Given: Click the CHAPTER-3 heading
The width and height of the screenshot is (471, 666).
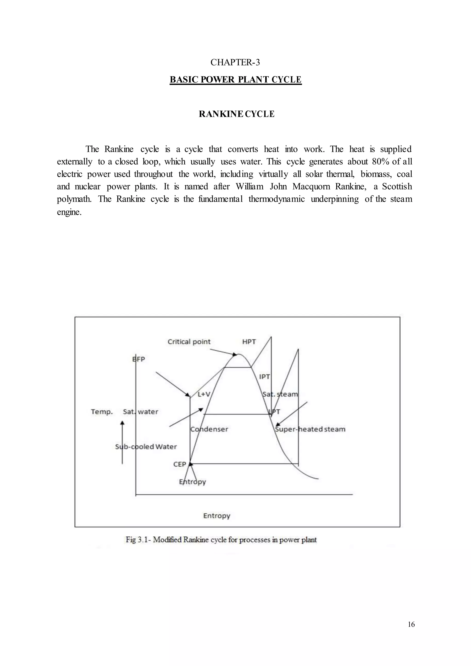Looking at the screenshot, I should [235, 62].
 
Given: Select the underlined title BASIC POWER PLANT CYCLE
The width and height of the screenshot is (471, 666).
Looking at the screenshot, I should [235, 80].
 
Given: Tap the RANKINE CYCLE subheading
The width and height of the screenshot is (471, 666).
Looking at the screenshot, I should [236, 114].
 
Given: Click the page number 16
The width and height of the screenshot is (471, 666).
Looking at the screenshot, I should [411, 624].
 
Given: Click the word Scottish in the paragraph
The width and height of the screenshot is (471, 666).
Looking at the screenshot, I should [397, 186].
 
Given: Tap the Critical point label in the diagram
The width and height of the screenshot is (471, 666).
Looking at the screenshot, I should [189, 342].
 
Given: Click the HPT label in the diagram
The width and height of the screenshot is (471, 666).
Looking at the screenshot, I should [249, 342].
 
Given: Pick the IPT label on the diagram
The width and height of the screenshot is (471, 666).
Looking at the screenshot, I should [264, 377].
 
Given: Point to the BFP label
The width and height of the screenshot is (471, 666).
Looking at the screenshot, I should [139, 359].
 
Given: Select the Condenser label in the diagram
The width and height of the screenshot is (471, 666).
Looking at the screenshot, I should [209, 429].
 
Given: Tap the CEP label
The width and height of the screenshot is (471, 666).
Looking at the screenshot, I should [180, 464].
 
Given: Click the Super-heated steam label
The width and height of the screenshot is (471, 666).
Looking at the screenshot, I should [310, 429].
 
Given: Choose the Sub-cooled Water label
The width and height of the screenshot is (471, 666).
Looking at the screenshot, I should [146, 447].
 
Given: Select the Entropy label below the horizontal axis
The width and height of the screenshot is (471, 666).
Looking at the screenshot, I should [217, 516].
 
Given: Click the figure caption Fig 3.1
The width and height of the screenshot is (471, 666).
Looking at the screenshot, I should [221, 540].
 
